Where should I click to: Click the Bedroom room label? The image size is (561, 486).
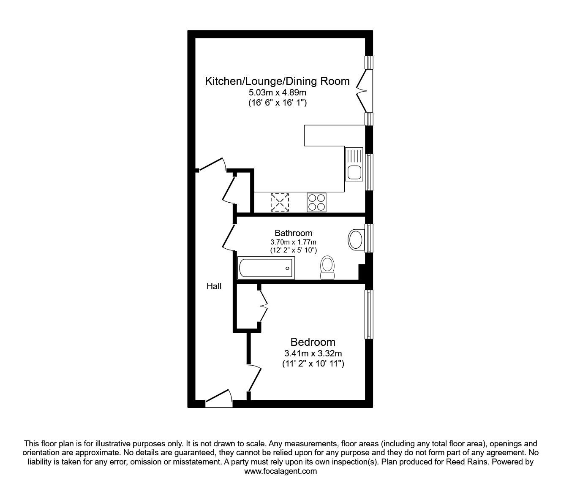(x=313, y=342)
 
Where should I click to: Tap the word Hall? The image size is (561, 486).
(x=214, y=286)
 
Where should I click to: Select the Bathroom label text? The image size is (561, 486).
(x=294, y=233)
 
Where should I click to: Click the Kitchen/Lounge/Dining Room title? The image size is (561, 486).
(x=277, y=81)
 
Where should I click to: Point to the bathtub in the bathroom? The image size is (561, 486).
(x=266, y=268)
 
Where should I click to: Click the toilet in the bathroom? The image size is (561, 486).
(x=327, y=267)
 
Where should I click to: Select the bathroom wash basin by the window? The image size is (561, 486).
(x=356, y=240)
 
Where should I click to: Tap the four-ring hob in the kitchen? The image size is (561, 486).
(x=316, y=202)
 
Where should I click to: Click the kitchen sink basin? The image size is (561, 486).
(x=354, y=172)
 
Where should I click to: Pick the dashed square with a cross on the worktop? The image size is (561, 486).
(x=280, y=202)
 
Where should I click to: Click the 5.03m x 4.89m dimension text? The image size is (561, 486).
(x=278, y=92)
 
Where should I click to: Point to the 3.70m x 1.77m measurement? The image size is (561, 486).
(x=294, y=242)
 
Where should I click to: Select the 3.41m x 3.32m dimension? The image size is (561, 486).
(x=313, y=353)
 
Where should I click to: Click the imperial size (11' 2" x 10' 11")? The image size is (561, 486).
(x=313, y=364)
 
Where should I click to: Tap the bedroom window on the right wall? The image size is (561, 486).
(x=368, y=314)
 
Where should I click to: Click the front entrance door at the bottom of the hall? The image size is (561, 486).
(x=219, y=398)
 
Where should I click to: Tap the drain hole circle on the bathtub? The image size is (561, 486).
(x=287, y=269)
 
